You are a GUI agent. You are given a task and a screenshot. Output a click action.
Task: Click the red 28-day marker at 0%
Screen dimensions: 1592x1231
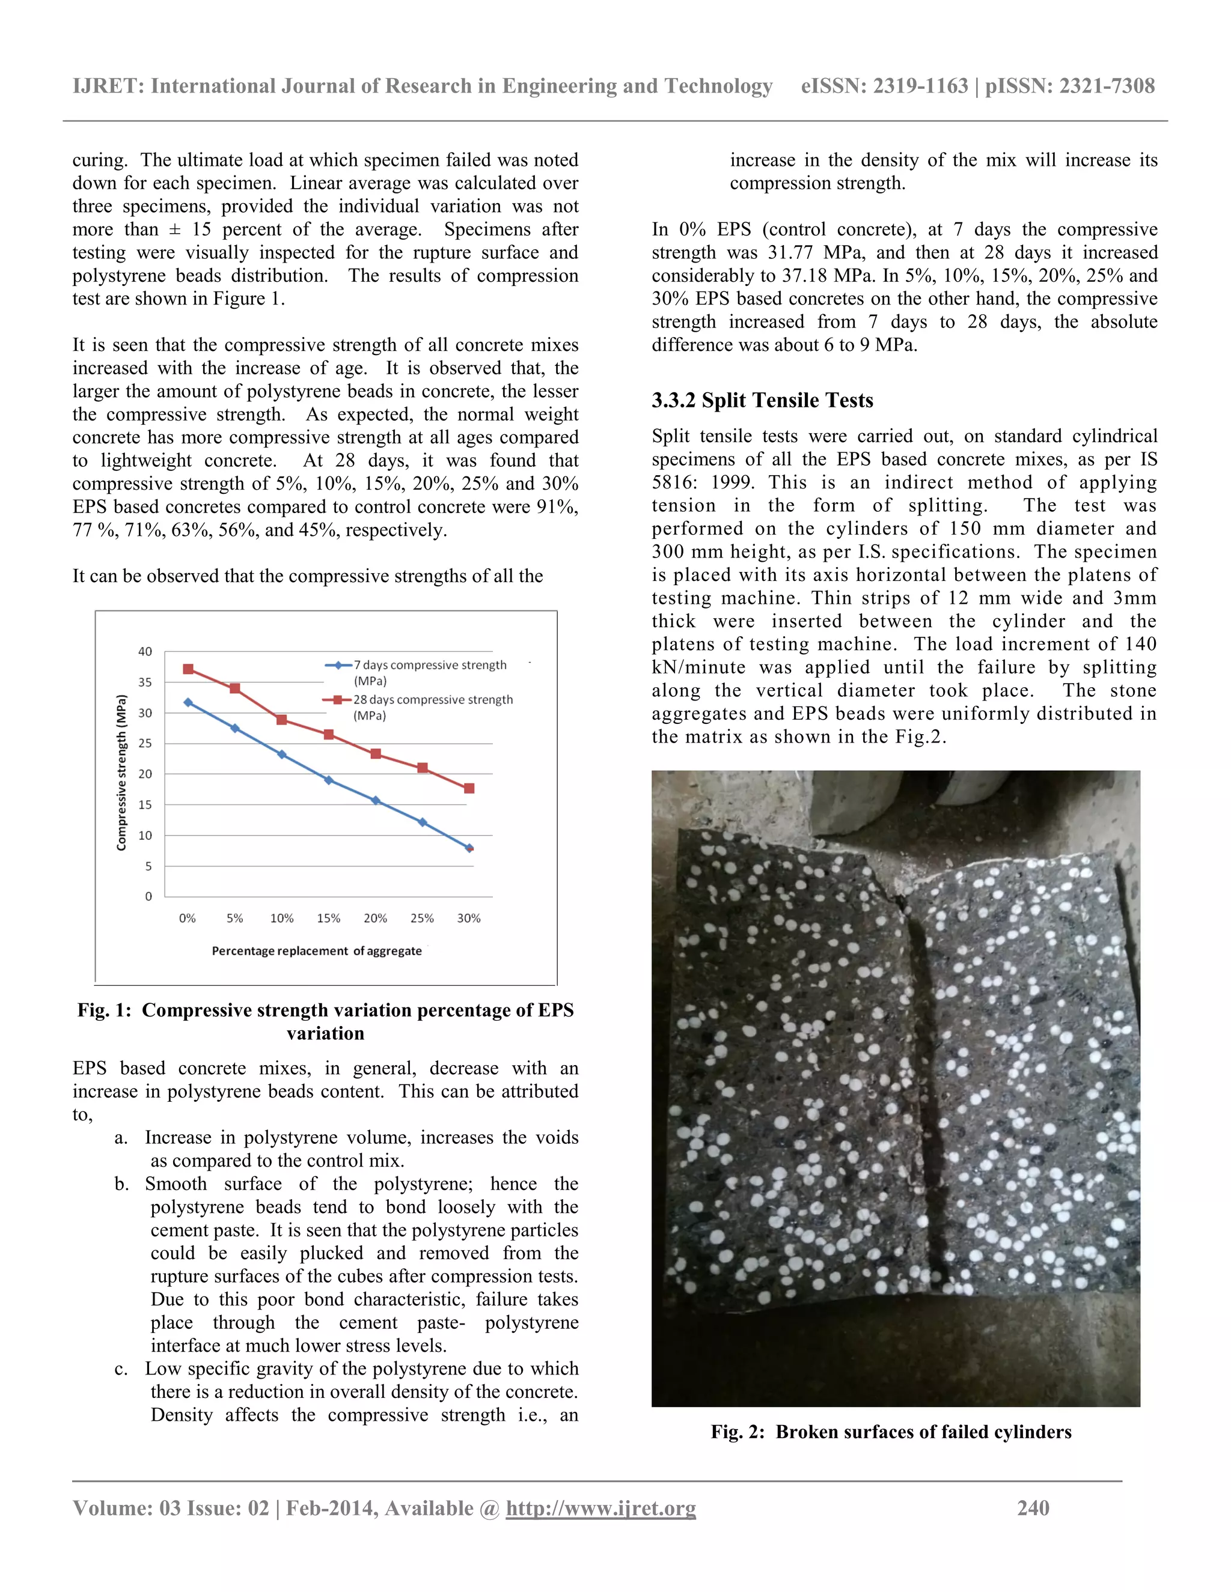tap(188, 669)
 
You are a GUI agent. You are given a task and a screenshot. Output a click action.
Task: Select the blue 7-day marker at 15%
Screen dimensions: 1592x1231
tap(329, 780)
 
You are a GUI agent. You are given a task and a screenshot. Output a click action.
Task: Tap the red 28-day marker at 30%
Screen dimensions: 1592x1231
tap(469, 788)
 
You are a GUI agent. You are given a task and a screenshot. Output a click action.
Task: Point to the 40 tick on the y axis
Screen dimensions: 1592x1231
tap(145, 652)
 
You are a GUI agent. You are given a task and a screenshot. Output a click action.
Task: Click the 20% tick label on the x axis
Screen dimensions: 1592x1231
tap(376, 919)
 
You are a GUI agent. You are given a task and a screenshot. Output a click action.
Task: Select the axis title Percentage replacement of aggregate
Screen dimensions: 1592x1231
tap(317, 950)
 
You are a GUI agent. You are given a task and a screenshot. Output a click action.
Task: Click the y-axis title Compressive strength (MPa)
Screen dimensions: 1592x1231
tap(122, 773)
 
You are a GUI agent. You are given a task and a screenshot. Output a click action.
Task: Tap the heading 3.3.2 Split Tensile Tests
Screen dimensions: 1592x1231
tap(762, 400)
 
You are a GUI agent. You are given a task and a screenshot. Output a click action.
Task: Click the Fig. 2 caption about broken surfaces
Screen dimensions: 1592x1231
tap(890, 1432)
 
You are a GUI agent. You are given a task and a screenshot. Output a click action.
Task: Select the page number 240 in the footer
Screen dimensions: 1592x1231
tap(1033, 1507)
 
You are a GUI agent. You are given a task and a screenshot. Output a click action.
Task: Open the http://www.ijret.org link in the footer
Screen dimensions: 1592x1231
tap(601, 1507)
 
